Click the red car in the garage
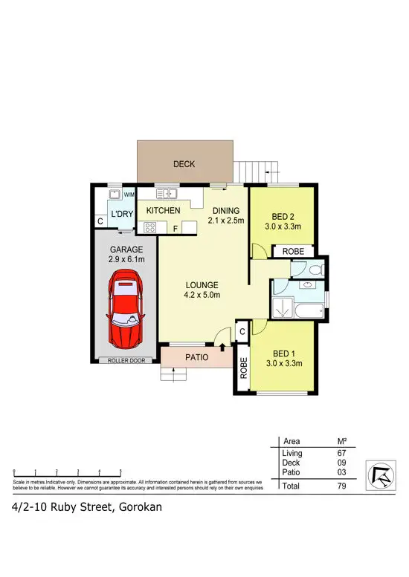pos(124,310)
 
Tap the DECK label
pos(184,163)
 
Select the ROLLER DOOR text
pos(124,361)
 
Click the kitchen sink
pos(166,195)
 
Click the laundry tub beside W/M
pos(115,195)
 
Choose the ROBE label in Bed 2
pos(292,252)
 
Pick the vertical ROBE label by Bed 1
pos(243,368)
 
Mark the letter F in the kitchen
pos(175,228)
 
